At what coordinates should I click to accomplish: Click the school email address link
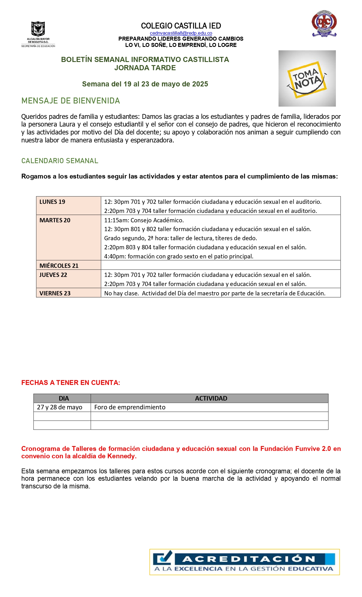point(181,33)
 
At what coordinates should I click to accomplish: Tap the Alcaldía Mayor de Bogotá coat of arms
point(38,29)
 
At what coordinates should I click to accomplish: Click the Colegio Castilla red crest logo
point(324,24)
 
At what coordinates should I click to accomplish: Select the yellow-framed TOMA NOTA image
point(307,79)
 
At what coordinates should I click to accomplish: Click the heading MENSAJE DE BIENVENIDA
point(71,101)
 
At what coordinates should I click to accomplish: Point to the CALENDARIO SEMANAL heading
point(60,161)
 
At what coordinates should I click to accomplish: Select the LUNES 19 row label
point(52,202)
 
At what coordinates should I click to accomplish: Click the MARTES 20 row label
point(55,220)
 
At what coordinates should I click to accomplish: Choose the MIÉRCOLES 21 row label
point(59,266)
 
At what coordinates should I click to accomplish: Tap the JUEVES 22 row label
point(53,275)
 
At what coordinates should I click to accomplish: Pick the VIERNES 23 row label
point(55,293)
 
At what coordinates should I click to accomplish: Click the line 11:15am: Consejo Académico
point(144,220)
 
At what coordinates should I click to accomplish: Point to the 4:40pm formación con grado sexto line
point(179,256)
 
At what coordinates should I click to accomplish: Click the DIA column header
point(64,399)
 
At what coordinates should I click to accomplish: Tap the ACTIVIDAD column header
point(211,399)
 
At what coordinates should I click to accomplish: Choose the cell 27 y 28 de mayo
point(60,407)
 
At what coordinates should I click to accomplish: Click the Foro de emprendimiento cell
point(130,407)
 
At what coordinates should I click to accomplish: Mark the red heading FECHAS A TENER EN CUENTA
point(71,383)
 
